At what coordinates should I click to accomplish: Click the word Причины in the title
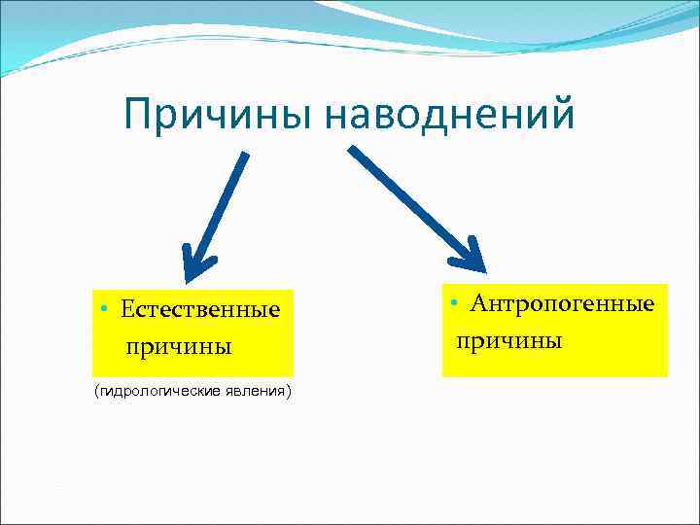(x=219, y=116)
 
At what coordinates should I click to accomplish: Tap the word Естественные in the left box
(x=200, y=310)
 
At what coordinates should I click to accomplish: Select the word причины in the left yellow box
(x=177, y=346)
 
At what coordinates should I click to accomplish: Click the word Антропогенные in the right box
(x=562, y=304)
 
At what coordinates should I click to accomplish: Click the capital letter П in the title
(x=137, y=116)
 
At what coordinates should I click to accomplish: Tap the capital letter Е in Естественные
(x=127, y=310)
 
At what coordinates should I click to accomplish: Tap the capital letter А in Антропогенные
(x=478, y=304)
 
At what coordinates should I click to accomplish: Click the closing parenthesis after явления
(x=289, y=391)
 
